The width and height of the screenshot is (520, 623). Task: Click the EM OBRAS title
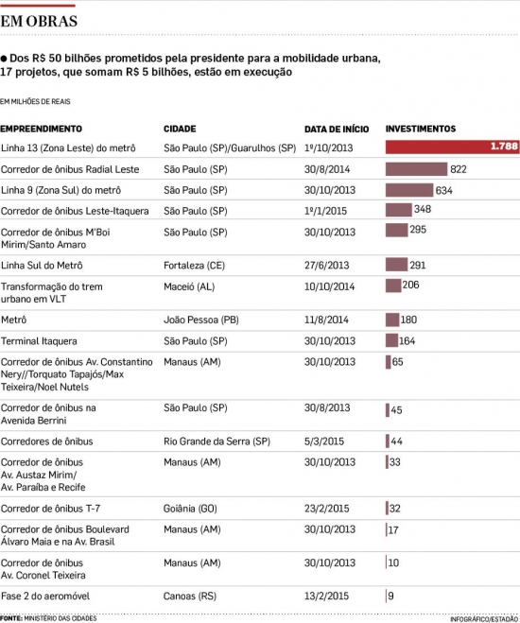point(39,21)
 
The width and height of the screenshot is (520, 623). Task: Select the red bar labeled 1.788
point(452,147)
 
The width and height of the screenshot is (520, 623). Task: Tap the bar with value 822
point(416,169)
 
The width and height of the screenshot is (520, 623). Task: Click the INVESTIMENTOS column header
point(421,129)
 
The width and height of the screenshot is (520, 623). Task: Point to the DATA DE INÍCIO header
point(337,130)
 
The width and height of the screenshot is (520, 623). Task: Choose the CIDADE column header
point(180,129)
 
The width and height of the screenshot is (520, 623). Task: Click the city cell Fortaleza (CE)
point(194,265)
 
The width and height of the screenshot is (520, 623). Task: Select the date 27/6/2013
point(326,265)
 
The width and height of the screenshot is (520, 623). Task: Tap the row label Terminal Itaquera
point(39,341)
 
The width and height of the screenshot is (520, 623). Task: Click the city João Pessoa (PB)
point(201,320)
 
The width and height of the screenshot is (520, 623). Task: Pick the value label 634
point(443,191)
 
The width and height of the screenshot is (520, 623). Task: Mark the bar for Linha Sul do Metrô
point(396,264)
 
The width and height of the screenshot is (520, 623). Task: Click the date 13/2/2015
point(326,596)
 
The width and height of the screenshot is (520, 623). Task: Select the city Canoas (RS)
point(190,596)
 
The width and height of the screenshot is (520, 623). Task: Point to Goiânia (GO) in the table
point(190,509)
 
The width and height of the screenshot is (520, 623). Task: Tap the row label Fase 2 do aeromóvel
point(45,596)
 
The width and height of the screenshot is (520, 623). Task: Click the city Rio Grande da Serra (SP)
point(217,441)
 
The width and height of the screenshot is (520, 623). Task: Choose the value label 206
point(410,285)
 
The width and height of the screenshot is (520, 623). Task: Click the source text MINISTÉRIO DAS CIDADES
point(61,618)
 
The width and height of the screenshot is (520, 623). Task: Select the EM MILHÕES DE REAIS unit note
point(35,102)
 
